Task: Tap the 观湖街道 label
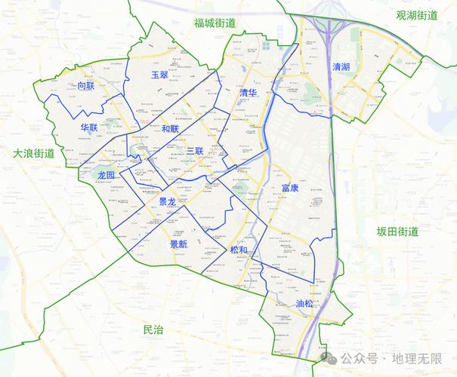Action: pyautogui.click(x=417, y=14)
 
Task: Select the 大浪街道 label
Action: pyautogui.click(x=34, y=153)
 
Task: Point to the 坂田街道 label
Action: pyautogui.click(x=398, y=231)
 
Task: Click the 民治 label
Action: pyautogui.click(x=153, y=329)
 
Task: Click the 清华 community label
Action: pyautogui.click(x=248, y=92)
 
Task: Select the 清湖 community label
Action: pyautogui.click(x=341, y=67)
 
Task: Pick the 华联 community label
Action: pyautogui.click(x=89, y=127)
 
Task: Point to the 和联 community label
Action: pyautogui.click(x=170, y=128)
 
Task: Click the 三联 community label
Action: pyautogui.click(x=194, y=152)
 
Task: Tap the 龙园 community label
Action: pyautogui.click(x=107, y=175)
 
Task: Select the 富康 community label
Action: pyautogui.click(x=289, y=187)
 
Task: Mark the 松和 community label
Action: pyautogui.click(x=238, y=250)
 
